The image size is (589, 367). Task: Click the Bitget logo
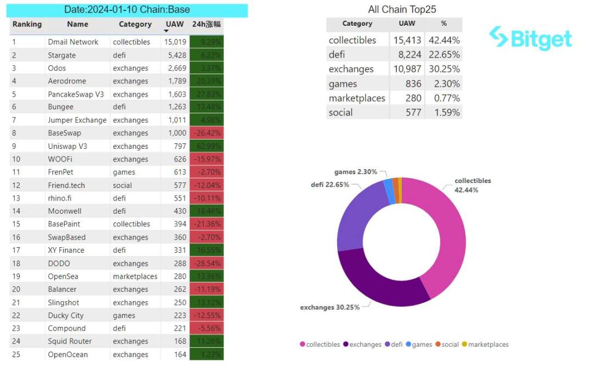click(x=530, y=38)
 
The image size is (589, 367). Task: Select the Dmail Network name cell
click(x=73, y=42)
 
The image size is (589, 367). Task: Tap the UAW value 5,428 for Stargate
click(x=176, y=55)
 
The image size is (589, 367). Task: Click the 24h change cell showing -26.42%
click(x=206, y=133)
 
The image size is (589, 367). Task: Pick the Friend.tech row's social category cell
click(x=122, y=185)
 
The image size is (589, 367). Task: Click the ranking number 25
click(x=16, y=354)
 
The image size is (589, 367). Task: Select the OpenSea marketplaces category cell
click(x=135, y=276)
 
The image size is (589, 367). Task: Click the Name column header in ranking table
click(x=77, y=24)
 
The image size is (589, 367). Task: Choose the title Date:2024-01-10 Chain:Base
click(x=128, y=10)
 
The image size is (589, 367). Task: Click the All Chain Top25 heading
click(x=402, y=10)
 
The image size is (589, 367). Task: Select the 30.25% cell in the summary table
click(x=444, y=69)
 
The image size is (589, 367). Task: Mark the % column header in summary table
click(x=444, y=24)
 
